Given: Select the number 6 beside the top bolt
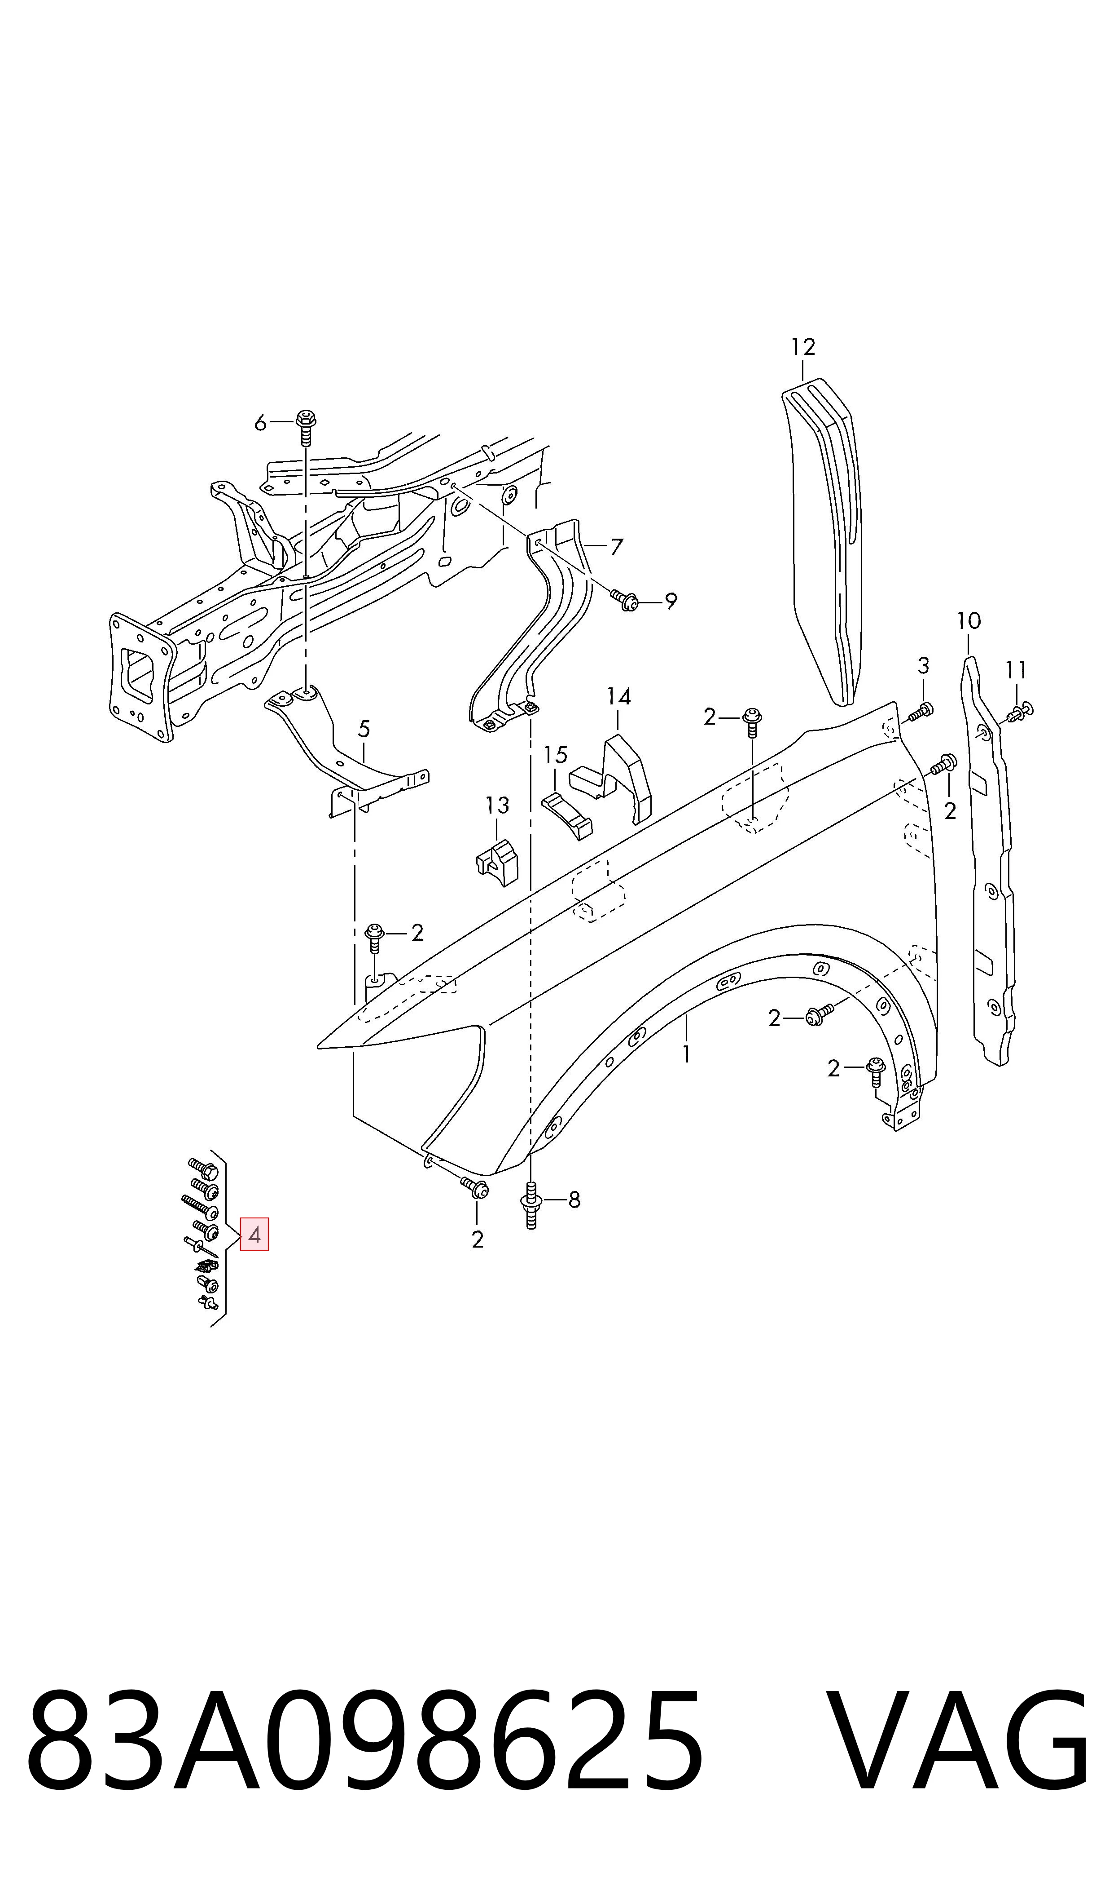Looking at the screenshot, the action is click(260, 424).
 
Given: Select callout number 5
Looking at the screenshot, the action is click(364, 729).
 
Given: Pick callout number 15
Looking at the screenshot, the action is click(555, 755).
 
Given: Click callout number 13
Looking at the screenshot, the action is click(497, 806).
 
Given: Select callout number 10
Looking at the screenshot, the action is click(969, 621).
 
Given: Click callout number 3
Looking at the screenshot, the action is click(924, 666).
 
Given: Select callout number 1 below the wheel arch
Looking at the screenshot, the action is click(686, 1054).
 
